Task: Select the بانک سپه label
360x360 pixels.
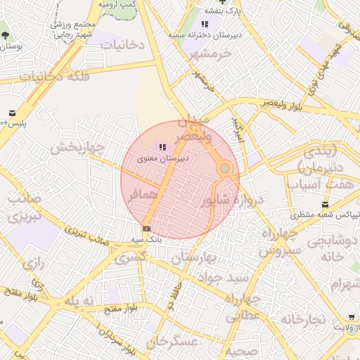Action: (x=146, y=239)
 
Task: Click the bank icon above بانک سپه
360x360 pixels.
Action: (x=146, y=229)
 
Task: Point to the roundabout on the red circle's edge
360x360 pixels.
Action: (x=224, y=169)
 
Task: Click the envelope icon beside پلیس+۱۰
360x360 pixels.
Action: (x=13, y=113)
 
